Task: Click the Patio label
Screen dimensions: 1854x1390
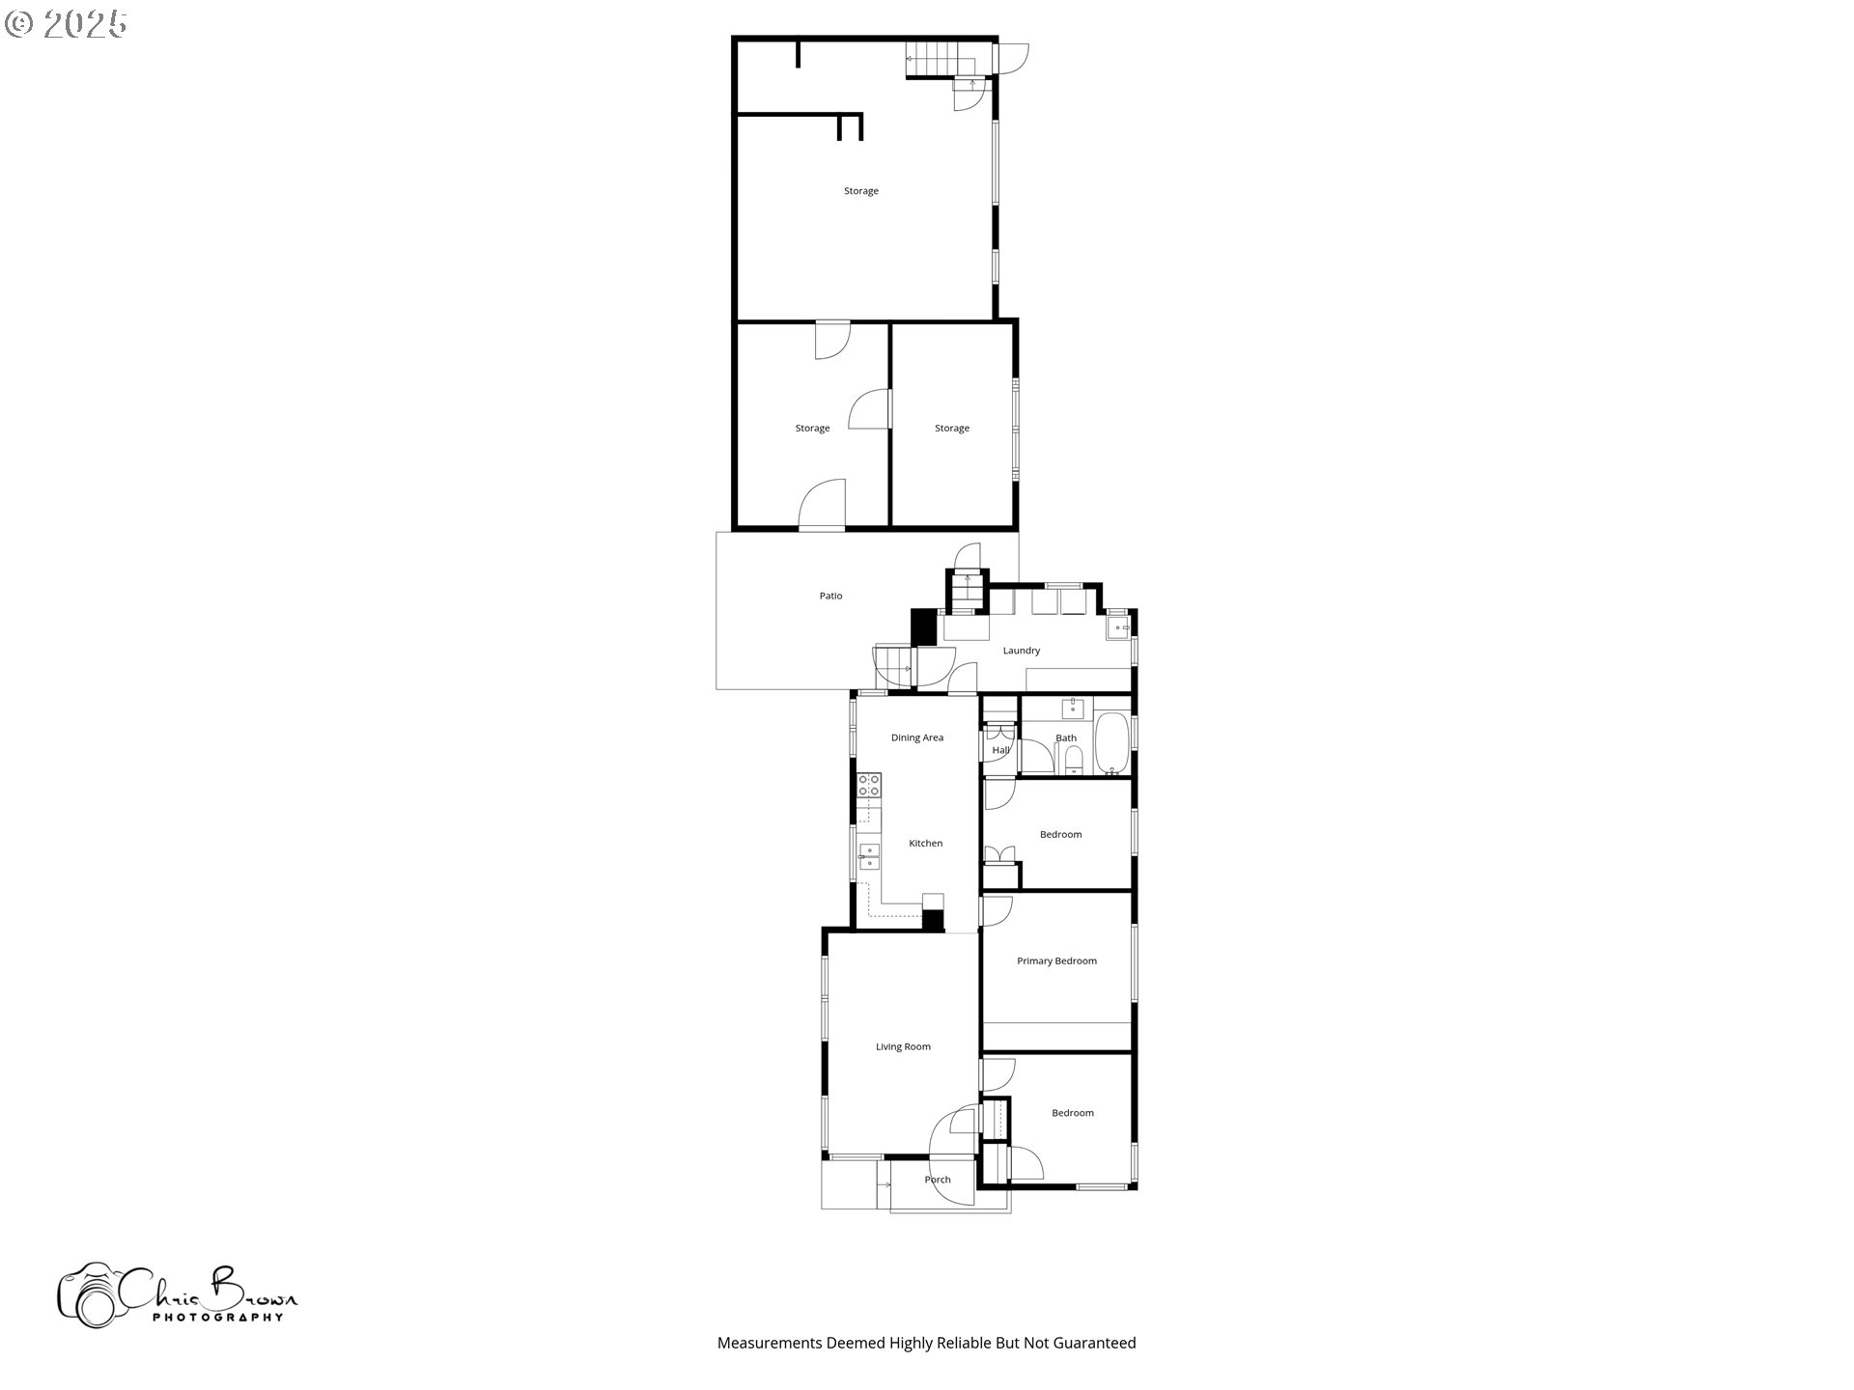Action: point(830,597)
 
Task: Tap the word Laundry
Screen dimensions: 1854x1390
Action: point(1021,651)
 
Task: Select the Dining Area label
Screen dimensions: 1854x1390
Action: point(916,738)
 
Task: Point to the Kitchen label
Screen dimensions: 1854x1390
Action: point(925,844)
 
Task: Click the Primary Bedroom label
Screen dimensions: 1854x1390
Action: point(1056,961)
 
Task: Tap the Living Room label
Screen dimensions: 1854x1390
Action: point(903,1047)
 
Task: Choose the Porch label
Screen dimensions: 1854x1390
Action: point(938,1180)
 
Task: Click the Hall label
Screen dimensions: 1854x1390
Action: point(1000,750)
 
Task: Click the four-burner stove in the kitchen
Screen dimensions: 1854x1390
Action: point(869,785)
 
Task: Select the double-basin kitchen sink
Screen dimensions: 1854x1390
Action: point(869,856)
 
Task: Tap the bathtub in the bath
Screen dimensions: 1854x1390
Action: point(1111,743)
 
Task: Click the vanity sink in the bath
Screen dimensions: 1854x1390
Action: point(1072,709)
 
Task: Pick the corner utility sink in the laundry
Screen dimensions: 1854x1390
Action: point(1118,627)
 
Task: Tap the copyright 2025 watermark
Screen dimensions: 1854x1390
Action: point(66,24)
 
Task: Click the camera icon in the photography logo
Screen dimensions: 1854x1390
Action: point(89,1294)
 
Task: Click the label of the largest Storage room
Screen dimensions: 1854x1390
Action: point(860,191)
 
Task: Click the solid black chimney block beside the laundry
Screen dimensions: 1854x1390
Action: point(924,626)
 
